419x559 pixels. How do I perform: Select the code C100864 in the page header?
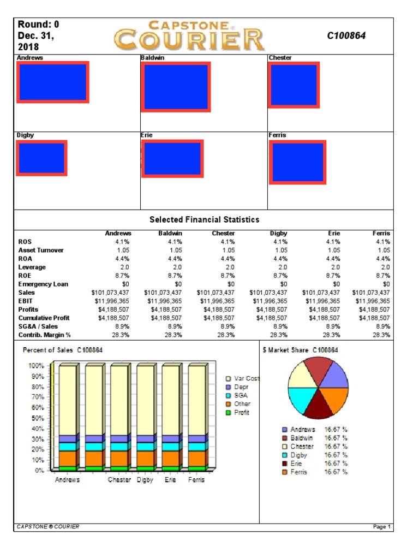pyautogui.click(x=346, y=35)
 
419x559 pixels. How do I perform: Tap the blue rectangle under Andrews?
pyautogui.click(x=53, y=82)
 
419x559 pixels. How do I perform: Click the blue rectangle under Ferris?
pyautogui.click(x=297, y=162)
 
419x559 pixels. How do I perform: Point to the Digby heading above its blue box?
pyautogui.click(x=26, y=135)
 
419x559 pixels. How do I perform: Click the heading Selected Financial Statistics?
pyautogui.click(x=204, y=219)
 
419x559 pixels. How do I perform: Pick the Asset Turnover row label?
pyautogui.click(x=41, y=250)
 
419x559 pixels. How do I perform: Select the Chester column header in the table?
pyautogui.click(x=223, y=233)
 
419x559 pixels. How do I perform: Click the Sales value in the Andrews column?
pyautogui.click(x=111, y=293)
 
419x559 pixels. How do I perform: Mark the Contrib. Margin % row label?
pyautogui.click(x=45, y=335)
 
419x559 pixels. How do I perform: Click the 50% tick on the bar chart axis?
pyautogui.click(x=37, y=418)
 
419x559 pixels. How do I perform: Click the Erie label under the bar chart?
pyautogui.click(x=170, y=480)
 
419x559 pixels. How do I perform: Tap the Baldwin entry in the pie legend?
pyautogui.click(x=302, y=438)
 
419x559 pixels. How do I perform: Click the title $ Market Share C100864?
pyautogui.click(x=301, y=350)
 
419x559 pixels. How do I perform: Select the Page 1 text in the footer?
pyautogui.click(x=382, y=527)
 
